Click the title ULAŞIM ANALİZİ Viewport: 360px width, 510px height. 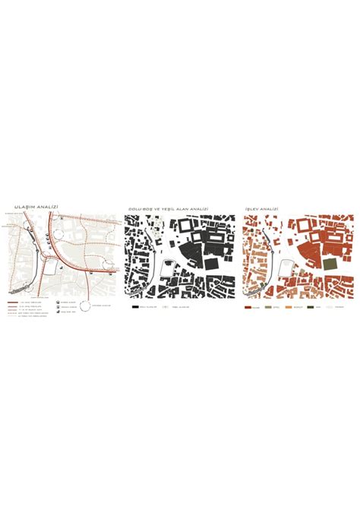pos(30,206)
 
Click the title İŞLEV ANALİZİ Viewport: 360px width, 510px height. pos(261,207)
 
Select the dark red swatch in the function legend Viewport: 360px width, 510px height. pos(248,307)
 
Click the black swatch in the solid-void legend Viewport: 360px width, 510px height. pos(134,307)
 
